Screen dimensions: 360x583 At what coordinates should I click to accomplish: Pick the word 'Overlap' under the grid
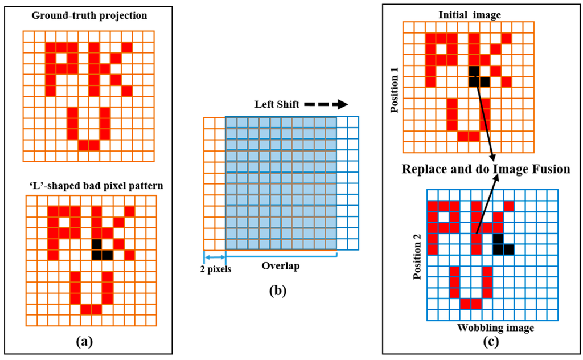click(x=281, y=265)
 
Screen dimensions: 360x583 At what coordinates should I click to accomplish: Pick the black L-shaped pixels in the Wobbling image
click(x=501, y=244)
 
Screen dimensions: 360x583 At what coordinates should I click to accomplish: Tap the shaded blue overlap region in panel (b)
click(x=281, y=183)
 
